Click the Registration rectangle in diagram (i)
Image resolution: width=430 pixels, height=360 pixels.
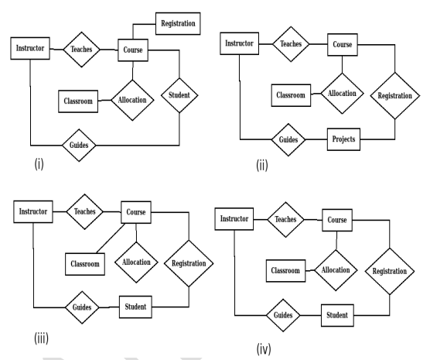(178, 24)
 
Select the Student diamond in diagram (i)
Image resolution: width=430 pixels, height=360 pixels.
(179, 95)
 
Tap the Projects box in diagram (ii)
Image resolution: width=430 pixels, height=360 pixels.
(343, 139)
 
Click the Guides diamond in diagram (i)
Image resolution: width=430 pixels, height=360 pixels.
(79, 145)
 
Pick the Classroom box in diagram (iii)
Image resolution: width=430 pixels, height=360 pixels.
(85, 264)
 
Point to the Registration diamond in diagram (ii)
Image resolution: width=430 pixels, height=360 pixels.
(395, 95)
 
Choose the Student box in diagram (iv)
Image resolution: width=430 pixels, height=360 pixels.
(337, 315)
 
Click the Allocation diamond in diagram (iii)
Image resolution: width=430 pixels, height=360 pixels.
(136, 262)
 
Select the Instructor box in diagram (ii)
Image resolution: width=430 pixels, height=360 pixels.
(240, 43)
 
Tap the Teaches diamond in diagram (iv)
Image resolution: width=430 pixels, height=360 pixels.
(285, 219)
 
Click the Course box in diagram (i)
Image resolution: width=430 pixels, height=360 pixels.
(133, 50)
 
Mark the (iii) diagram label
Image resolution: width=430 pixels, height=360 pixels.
(42, 338)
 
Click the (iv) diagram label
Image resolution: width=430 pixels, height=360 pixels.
(264, 349)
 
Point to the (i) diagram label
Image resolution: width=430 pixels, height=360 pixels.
(39, 164)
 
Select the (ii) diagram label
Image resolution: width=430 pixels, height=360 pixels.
(262, 166)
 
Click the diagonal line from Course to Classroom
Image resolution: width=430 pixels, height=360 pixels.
(111, 238)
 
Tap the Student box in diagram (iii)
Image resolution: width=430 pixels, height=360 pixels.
(135, 307)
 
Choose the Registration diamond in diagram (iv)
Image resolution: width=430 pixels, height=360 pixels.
(390, 271)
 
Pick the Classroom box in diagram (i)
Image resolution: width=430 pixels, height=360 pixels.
(78, 101)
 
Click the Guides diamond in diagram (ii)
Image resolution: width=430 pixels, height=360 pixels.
(288, 140)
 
